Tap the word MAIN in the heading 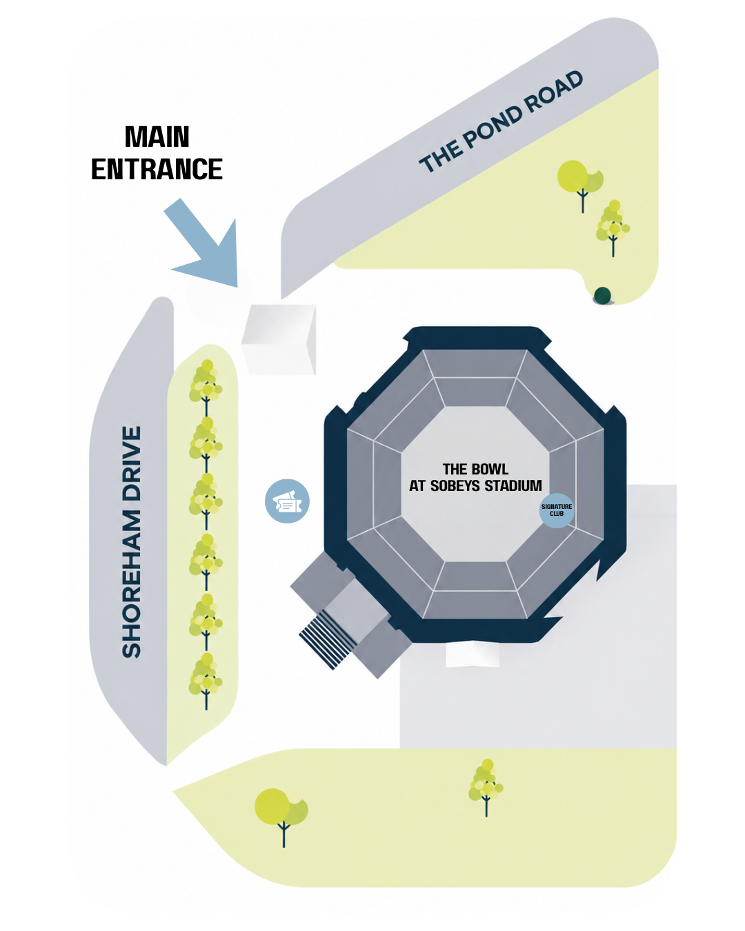click(157, 137)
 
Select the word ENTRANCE click(157, 169)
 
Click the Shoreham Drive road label click(132, 542)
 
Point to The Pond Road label click(501, 121)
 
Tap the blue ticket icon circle click(287, 501)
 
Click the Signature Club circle click(557, 510)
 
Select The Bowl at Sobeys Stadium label click(475, 477)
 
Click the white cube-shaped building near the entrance click(279, 339)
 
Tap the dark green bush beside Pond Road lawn click(602, 295)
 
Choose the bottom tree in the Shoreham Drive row click(206, 681)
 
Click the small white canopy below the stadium click(473, 654)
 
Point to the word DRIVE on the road click(132, 463)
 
